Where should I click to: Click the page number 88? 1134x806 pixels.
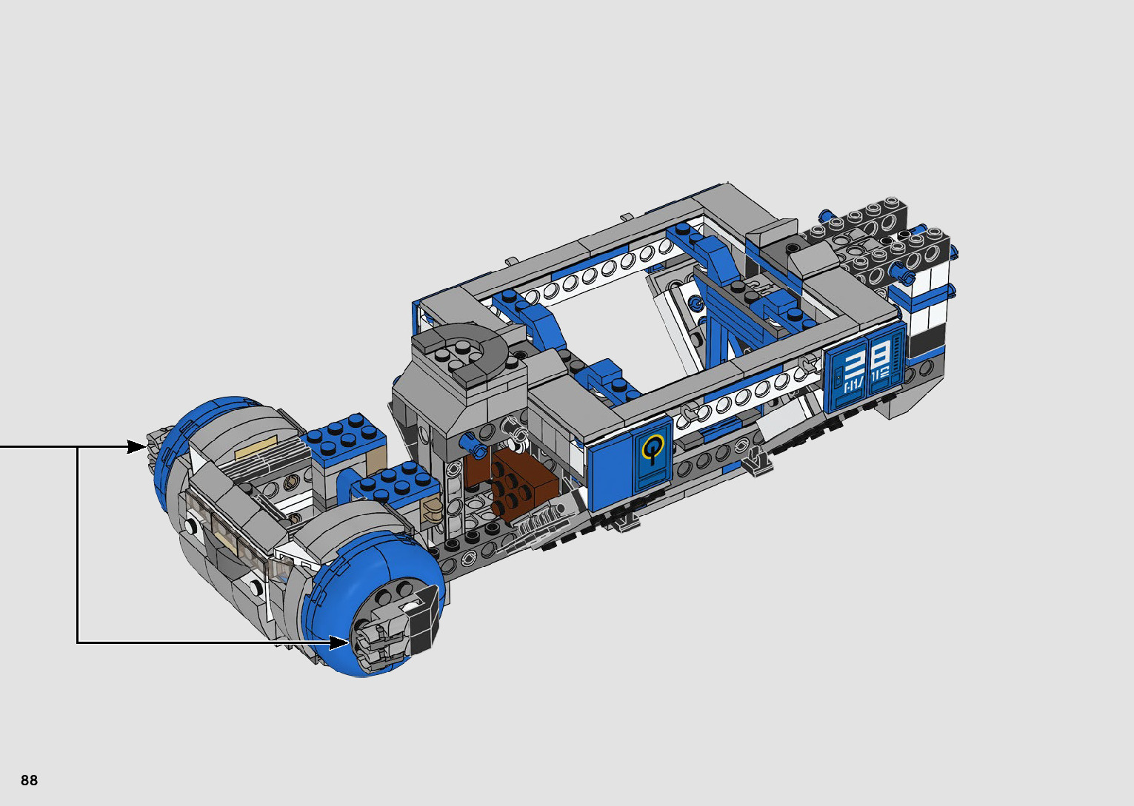click(29, 780)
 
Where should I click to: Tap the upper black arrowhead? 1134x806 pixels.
click(136, 447)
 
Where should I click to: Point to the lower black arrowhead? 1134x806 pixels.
click(338, 643)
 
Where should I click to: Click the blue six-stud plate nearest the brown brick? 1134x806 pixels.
click(396, 486)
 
